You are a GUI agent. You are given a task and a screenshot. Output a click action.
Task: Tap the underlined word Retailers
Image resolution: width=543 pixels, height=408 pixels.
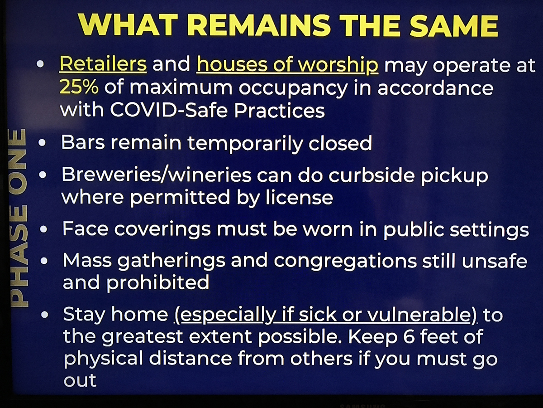click(103, 64)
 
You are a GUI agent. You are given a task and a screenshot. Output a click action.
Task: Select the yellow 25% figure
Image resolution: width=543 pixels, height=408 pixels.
click(79, 87)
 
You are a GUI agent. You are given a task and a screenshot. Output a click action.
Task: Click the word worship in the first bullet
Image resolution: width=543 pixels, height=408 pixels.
click(338, 65)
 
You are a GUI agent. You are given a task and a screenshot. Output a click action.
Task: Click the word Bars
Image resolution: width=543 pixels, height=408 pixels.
click(83, 142)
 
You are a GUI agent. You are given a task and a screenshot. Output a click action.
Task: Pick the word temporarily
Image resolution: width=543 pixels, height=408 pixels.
click(245, 144)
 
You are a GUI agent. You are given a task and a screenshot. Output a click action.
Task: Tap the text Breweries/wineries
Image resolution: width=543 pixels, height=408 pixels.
click(157, 175)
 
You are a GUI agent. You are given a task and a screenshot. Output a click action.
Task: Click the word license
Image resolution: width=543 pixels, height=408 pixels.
click(300, 198)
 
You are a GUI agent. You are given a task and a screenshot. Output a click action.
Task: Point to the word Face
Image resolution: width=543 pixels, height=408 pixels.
click(86, 228)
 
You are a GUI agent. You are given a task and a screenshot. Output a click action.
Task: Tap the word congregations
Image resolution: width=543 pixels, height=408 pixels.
click(345, 262)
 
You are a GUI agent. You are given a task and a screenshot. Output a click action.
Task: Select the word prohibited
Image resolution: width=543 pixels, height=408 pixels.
click(158, 282)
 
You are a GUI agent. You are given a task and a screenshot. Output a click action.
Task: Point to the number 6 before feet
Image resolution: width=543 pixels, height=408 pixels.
click(409, 337)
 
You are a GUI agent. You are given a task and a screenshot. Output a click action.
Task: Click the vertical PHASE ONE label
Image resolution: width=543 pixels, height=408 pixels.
click(19, 218)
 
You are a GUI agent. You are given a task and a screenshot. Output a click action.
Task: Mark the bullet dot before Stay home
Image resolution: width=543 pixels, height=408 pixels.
click(45, 315)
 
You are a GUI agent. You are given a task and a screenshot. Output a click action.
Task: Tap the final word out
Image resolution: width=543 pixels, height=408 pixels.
click(80, 380)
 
